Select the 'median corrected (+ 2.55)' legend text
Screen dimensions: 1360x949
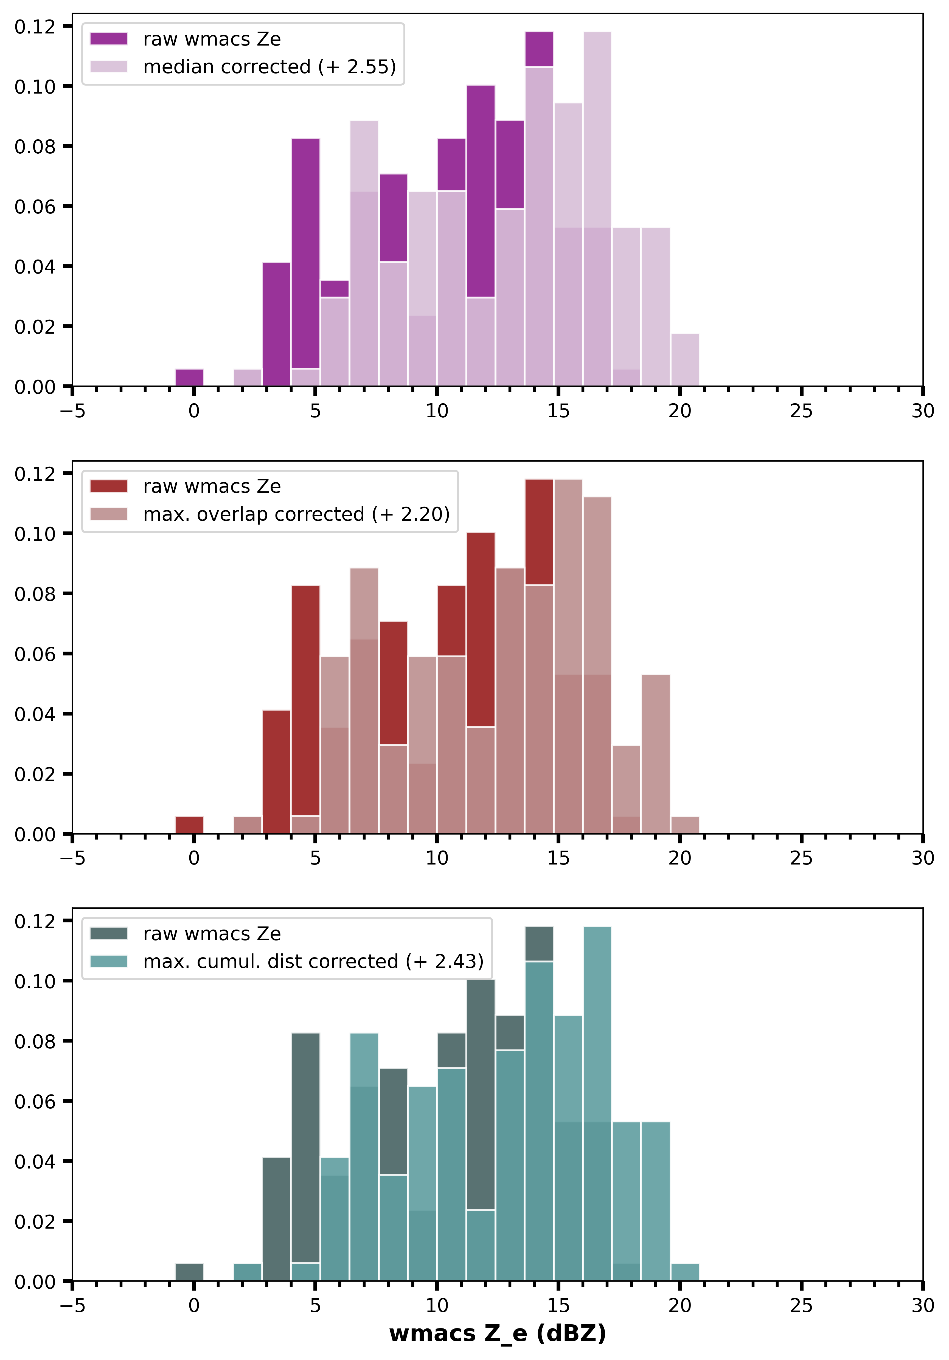click(x=269, y=67)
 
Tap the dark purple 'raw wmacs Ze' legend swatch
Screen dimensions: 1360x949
click(x=108, y=39)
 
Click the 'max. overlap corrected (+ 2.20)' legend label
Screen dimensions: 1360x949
click(x=296, y=514)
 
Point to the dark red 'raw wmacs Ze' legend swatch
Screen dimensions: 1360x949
click(x=108, y=486)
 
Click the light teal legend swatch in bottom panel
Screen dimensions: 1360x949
click(x=108, y=961)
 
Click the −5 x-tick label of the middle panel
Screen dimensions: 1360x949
click(x=72, y=858)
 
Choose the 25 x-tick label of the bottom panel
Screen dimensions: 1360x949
click(x=801, y=1305)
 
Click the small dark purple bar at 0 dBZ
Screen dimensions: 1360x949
click(x=189, y=378)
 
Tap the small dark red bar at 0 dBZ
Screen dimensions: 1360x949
click(x=189, y=825)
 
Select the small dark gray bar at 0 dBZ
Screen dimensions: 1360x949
click(x=189, y=1272)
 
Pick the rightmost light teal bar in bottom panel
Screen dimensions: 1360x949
click(x=685, y=1272)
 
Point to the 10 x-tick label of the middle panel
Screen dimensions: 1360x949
click(x=437, y=858)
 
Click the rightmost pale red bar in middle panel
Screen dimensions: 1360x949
click(x=685, y=825)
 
